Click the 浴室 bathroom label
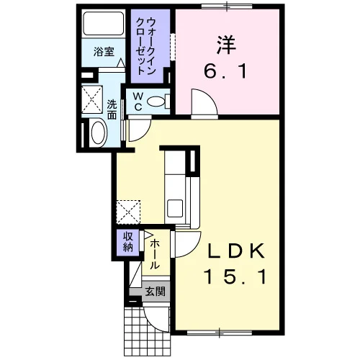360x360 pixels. (104, 52)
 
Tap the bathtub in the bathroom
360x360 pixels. (104, 23)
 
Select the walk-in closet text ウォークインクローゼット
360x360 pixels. (145, 45)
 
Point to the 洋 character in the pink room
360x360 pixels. (226, 45)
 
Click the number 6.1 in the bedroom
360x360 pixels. (225, 71)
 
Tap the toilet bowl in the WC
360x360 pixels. (156, 102)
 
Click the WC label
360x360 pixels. (138, 102)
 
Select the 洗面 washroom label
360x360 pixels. (112, 109)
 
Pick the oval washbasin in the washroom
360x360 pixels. (99, 132)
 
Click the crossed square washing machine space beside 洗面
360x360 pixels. (92, 99)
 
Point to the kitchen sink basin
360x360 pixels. (175, 208)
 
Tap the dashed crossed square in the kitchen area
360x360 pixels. (128, 212)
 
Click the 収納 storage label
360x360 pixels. (128, 242)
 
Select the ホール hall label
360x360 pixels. (155, 255)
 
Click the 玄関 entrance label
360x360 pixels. (156, 292)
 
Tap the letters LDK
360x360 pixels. (236, 251)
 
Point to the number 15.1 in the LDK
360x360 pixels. (235, 276)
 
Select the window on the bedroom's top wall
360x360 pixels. (227, 6)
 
